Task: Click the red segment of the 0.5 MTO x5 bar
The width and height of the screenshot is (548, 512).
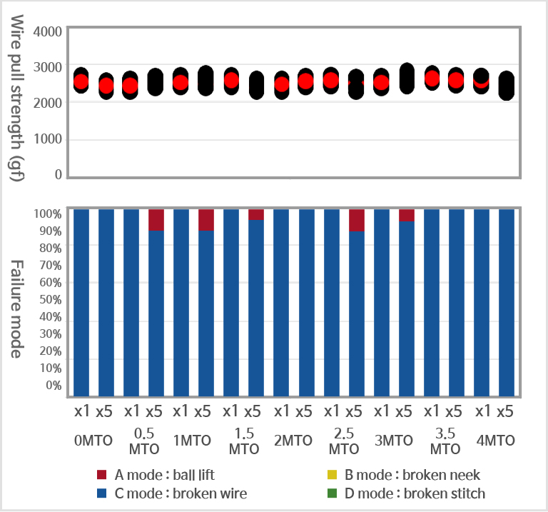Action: (156, 220)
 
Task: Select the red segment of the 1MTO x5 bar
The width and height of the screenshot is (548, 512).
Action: (206, 220)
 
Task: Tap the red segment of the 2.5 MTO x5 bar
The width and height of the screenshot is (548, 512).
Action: (357, 220)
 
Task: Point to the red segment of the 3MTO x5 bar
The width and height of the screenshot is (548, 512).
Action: (407, 215)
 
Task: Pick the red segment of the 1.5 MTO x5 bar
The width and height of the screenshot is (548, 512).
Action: (256, 214)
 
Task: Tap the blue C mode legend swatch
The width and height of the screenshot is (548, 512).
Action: (102, 493)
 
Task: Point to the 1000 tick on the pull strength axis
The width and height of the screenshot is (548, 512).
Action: (49, 139)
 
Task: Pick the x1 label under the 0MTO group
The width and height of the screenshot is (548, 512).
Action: (82, 412)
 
